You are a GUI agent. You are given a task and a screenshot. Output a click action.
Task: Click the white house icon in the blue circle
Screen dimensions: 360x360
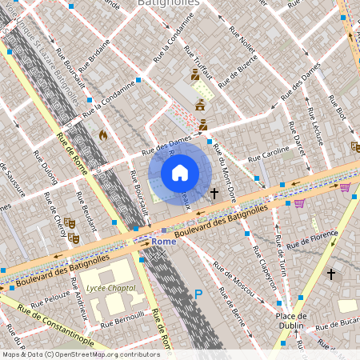(180, 173)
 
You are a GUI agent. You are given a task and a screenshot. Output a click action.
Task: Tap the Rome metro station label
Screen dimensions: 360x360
(163, 241)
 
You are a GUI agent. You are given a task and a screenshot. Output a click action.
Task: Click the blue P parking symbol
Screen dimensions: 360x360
(198, 295)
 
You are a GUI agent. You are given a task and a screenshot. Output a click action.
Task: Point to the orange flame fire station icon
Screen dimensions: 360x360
(102, 136)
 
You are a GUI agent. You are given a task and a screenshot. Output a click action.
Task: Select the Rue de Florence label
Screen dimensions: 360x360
(313, 239)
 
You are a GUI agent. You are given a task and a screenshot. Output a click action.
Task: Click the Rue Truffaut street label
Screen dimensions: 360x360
(199, 59)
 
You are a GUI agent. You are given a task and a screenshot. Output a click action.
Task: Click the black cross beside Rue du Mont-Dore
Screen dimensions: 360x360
(214, 194)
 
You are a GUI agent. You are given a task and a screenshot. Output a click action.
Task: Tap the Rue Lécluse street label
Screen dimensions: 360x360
(318, 127)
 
